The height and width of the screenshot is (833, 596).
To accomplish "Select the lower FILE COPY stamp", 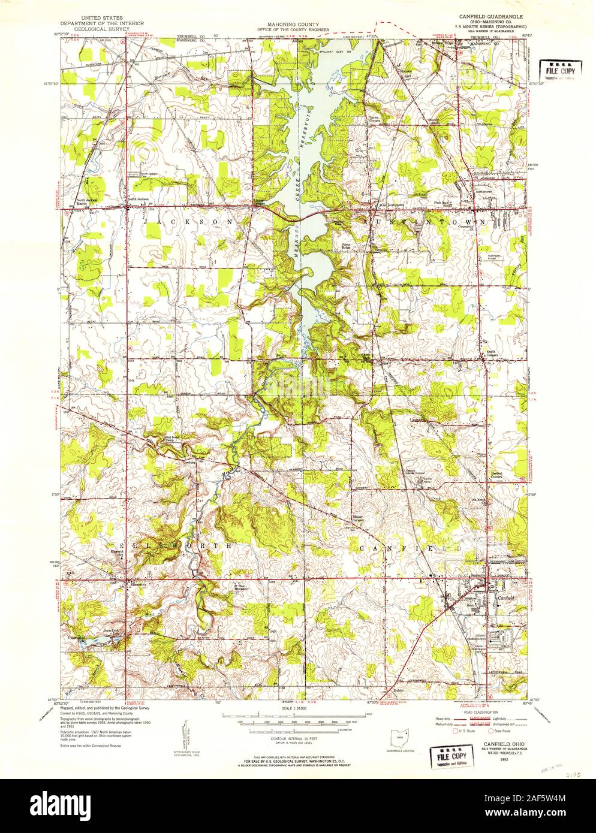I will [x=451, y=751].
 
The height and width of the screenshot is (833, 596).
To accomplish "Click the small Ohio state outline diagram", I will [x=396, y=723].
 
